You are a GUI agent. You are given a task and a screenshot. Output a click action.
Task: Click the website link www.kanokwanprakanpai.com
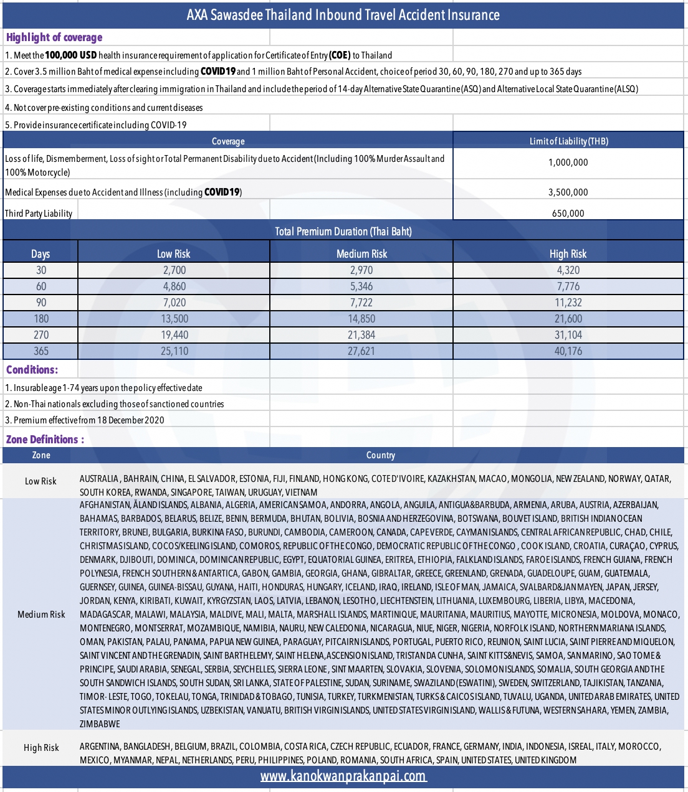coord(343,776)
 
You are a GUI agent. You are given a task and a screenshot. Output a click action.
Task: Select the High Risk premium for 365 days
coord(568,351)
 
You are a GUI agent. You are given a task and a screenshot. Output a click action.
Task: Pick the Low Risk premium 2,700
coord(174,270)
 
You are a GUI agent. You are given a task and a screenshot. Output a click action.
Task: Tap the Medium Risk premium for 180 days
coord(361,319)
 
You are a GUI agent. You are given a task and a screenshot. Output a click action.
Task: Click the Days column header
coord(41,254)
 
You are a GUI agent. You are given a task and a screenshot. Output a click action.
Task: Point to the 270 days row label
coord(41,335)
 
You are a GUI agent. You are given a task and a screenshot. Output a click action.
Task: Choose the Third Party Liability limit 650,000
coord(568,214)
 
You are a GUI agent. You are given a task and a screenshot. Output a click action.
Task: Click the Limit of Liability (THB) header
coord(568,141)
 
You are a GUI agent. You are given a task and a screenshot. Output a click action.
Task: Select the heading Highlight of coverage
coord(54,37)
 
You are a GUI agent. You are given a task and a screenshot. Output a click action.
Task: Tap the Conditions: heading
coord(32,370)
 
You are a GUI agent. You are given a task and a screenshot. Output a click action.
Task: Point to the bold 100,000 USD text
coord(70,55)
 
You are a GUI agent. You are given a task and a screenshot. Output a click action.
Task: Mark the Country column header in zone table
coord(380,455)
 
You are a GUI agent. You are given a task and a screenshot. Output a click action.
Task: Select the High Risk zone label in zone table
coord(41,748)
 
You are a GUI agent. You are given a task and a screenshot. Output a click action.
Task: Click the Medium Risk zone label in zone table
coord(41,615)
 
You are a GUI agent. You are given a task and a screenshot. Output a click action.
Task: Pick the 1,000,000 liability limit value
coord(568,163)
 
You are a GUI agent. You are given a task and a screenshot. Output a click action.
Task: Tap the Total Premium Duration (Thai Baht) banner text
coord(343,232)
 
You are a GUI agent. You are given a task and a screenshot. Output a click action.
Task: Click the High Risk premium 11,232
coord(568,303)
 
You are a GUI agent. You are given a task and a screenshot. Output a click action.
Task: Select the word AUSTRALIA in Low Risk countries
coord(99,479)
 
